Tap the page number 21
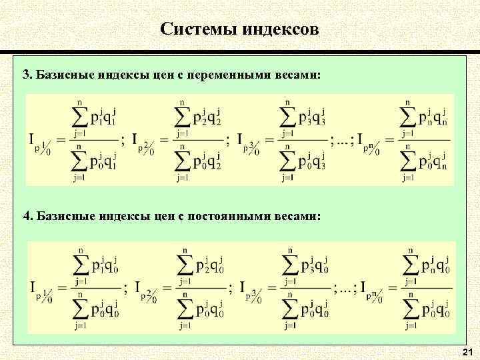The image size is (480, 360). click(x=467, y=351)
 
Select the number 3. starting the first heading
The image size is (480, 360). click(x=27, y=73)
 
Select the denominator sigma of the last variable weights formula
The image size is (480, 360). click(x=412, y=162)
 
